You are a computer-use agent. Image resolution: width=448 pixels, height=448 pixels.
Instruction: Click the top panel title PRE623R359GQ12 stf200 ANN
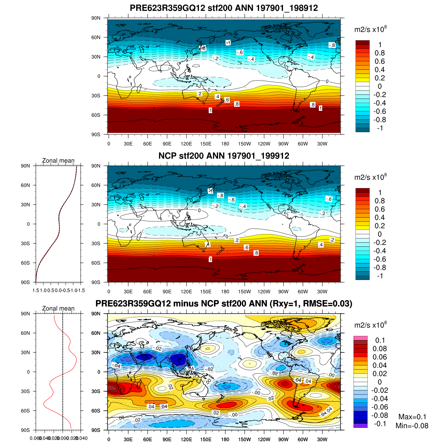point(224,8)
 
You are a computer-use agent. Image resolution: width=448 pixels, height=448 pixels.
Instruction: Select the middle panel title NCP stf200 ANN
point(224,156)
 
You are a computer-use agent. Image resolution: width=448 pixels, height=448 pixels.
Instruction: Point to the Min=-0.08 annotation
point(412,426)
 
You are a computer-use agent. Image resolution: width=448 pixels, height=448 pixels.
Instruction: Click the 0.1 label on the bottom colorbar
point(380,340)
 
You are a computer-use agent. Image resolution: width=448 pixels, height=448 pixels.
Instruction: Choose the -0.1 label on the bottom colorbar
point(380,423)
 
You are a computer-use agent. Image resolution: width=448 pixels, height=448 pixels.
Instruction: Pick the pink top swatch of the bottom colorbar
point(361,338)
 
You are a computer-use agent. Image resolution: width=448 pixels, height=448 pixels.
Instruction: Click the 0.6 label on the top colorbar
point(380,61)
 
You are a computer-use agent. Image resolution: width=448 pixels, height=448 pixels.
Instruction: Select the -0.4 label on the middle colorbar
point(380,251)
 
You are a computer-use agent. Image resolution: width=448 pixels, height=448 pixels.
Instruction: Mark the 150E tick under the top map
point(206,144)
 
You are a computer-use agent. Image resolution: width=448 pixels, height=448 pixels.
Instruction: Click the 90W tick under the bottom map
point(283,439)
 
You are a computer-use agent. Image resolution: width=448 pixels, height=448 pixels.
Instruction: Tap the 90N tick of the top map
point(96,18)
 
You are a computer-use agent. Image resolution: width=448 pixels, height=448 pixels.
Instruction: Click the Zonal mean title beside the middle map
point(58,161)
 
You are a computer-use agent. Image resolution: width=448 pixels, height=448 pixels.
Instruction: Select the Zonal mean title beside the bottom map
point(58,308)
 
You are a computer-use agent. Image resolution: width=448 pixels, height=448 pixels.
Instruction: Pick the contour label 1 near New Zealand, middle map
point(211,259)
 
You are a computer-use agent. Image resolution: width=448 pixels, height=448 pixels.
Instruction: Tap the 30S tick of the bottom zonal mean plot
point(25,391)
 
